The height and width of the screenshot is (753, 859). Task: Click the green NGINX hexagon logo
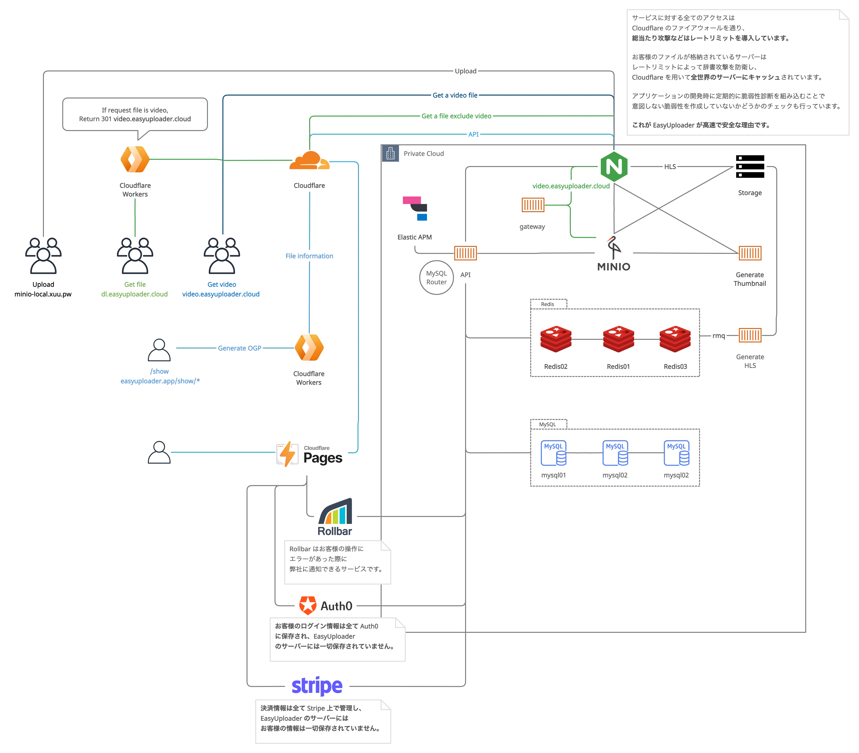point(614,167)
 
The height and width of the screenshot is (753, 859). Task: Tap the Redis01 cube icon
point(618,339)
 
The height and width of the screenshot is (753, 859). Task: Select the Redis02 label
point(556,366)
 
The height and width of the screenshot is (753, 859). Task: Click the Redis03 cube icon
point(675,339)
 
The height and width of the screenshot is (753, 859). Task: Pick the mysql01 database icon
point(554,453)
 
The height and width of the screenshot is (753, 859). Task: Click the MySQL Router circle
point(436,278)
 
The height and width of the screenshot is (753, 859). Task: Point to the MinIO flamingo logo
point(614,248)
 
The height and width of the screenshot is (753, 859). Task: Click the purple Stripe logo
point(317,686)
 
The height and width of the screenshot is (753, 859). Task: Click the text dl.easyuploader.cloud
point(134,294)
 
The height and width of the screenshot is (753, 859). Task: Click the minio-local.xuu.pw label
point(43,294)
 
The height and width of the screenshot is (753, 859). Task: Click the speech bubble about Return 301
point(135,114)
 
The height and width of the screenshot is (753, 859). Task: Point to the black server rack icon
point(749,167)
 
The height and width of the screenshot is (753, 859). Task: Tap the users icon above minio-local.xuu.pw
point(43,256)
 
